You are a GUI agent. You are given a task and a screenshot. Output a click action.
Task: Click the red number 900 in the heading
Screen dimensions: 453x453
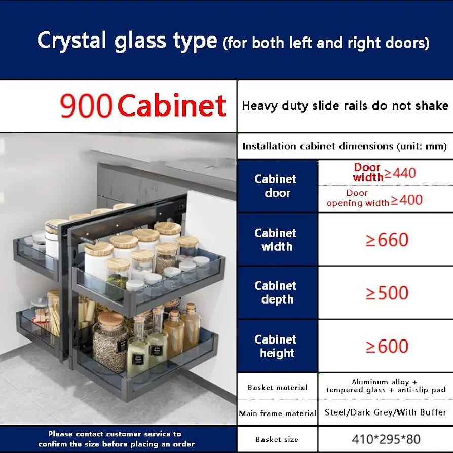coord(86,105)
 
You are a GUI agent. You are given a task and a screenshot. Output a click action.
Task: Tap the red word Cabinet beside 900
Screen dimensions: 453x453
coord(172,105)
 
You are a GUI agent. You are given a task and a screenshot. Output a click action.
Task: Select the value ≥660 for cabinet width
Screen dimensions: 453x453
coord(387,240)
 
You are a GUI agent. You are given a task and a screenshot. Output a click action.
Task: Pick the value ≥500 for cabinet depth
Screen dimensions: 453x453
coord(387,293)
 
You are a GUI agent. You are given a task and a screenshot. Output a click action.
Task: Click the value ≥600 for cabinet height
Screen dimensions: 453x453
coord(387,346)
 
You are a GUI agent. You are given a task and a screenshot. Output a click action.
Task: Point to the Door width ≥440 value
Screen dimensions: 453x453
coord(384,172)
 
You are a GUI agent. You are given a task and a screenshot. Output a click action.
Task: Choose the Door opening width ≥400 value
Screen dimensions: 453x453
coord(374,198)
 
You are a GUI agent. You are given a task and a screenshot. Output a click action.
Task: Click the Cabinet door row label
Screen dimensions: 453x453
coord(276,186)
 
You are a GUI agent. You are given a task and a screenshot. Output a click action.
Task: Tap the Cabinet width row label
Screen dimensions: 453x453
coord(276,240)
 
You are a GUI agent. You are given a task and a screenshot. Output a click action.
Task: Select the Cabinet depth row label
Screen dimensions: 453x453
coord(276,293)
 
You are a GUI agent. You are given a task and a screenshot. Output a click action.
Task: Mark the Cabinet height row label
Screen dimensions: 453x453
coord(276,346)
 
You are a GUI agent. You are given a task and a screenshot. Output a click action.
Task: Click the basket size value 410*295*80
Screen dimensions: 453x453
coord(386,439)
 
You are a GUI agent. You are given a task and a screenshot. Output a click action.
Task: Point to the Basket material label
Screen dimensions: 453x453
coord(277,387)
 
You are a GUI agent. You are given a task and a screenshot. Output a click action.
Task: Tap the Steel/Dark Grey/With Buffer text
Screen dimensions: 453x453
coord(386,412)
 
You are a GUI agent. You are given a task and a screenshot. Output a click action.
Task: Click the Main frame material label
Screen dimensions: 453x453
coord(277,413)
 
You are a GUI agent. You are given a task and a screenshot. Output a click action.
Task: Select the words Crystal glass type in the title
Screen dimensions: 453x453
coord(127,41)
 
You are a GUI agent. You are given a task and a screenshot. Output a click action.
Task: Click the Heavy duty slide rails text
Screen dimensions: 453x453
coord(345,106)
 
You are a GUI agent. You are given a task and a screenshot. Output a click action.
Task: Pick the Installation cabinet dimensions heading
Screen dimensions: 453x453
coord(345,146)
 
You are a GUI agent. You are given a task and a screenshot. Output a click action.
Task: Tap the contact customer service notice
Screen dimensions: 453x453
coord(116,439)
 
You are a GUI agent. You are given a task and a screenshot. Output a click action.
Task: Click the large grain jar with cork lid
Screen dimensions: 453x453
coord(110,341)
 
